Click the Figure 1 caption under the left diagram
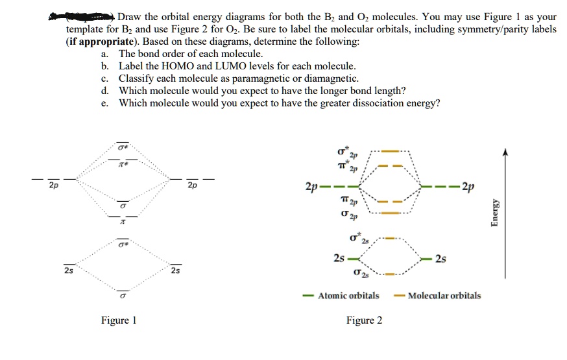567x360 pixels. tap(119, 320)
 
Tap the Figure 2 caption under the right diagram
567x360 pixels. tap(364, 320)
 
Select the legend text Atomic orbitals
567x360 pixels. tap(348, 296)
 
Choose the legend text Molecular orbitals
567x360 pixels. tap(444, 296)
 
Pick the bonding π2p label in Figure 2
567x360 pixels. tap(352, 202)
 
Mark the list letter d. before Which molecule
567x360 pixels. tap(105, 90)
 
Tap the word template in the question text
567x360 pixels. tap(85, 29)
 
